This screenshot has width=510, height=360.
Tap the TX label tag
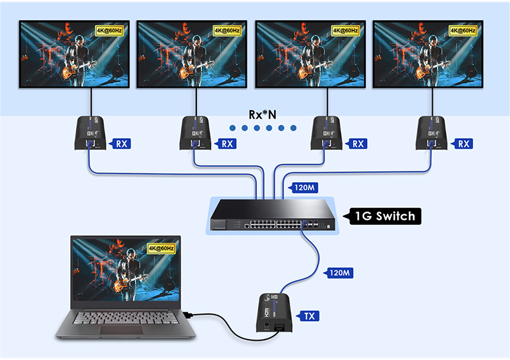tap(309, 315)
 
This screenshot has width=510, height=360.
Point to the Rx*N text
tap(263, 115)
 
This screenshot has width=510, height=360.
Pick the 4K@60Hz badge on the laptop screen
tap(161, 248)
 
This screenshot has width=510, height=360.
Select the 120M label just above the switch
tap(303, 188)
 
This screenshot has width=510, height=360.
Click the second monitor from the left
tap(191, 55)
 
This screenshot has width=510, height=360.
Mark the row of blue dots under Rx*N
tap(263, 128)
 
